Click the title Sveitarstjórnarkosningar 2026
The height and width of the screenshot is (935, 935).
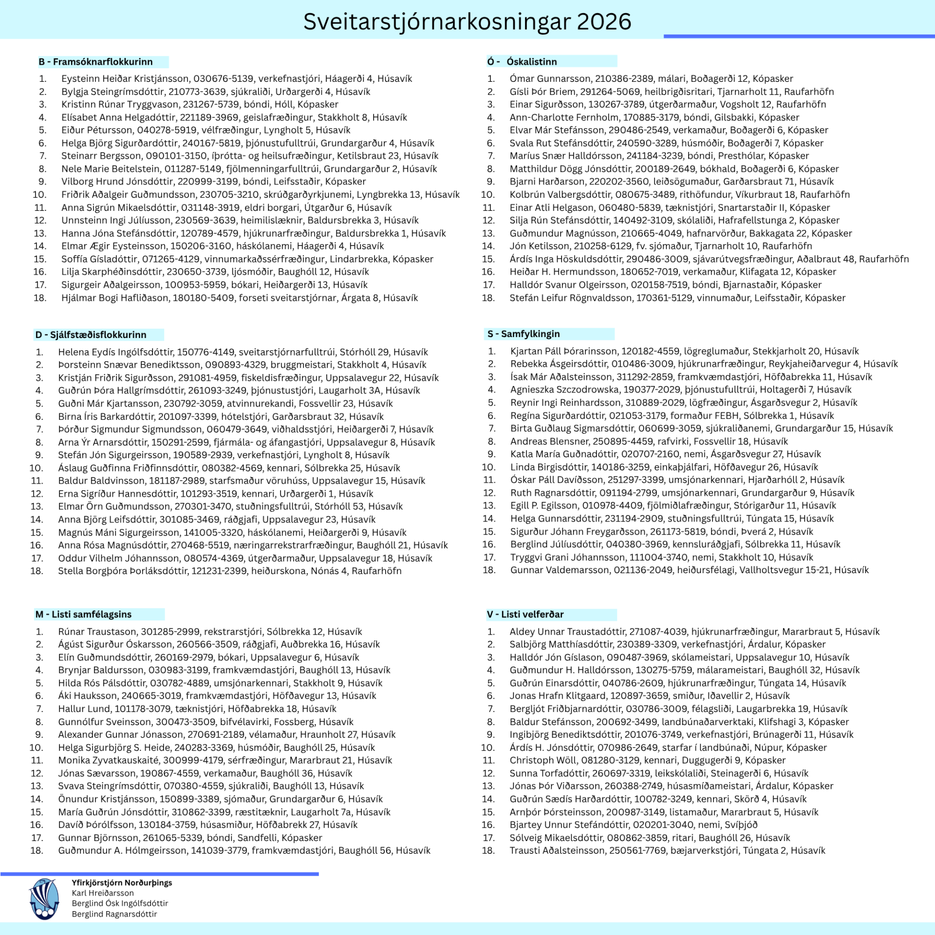click(x=467, y=22)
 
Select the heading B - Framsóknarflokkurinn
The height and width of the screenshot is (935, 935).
click(x=95, y=62)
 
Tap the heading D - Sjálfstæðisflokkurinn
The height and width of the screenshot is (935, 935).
click(x=91, y=335)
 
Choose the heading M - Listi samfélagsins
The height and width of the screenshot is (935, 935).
click(x=83, y=614)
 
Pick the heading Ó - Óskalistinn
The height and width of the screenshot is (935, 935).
click(x=522, y=62)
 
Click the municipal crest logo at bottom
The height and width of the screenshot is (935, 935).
click(x=44, y=898)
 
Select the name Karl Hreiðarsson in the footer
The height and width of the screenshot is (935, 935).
click(x=103, y=893)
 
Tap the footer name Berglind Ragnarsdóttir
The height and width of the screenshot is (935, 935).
click(x=114, y=914)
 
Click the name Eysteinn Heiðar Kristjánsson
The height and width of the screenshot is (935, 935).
click(x=125, y=78)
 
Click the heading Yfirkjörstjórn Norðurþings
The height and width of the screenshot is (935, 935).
click(x=122, y=882)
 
